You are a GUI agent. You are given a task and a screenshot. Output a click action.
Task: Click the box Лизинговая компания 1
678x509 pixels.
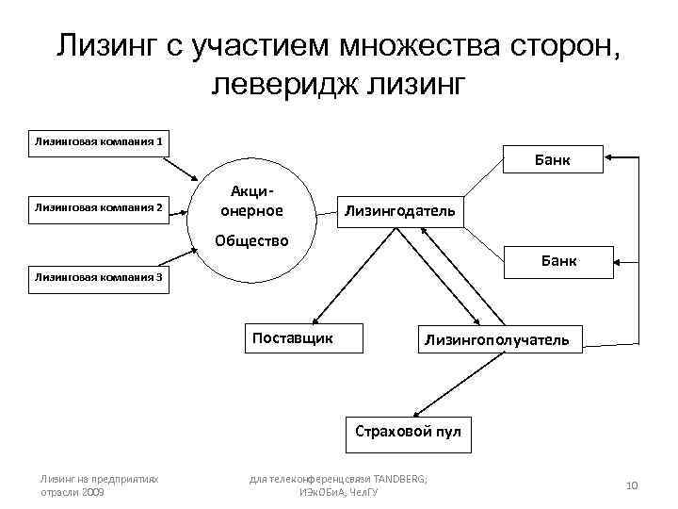[x=100, y=142]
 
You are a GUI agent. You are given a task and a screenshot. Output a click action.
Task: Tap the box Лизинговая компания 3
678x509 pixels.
[x=100, y=277]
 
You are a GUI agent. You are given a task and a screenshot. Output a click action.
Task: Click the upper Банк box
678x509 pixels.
[x=554, y=161]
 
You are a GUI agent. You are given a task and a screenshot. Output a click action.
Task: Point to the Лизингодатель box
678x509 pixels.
[x=399, y=210]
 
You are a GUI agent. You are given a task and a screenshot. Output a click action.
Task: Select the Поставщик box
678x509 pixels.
[x=293, y=337]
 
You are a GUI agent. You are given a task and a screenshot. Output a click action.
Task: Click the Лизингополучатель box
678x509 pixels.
[x=496, y=339]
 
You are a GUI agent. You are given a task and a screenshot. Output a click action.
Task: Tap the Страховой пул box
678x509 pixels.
[x=408, y=433]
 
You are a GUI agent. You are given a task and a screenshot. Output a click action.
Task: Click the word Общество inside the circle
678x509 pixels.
[x=251, y=239]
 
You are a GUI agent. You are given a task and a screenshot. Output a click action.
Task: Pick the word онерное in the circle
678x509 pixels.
[x=251, y=209]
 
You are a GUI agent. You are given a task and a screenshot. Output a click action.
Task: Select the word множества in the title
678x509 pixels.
[x=433, y=45]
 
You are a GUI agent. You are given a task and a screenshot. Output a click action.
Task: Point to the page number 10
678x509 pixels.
[x=632, y=485]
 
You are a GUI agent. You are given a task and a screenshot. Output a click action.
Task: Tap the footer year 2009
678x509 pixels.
[x=92, y=492]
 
